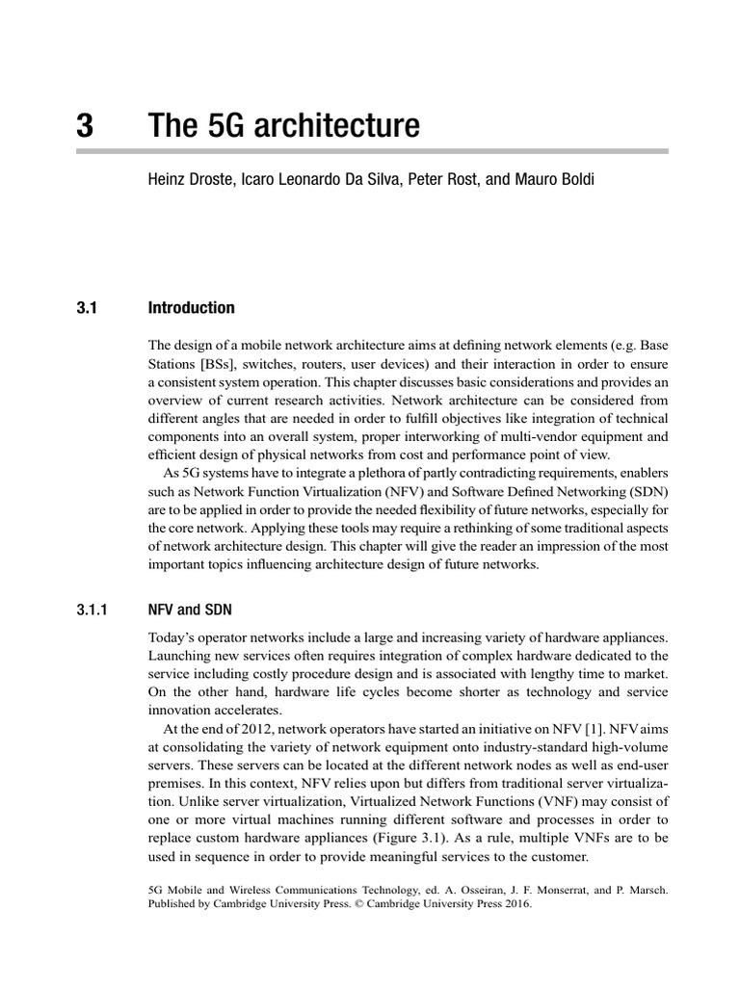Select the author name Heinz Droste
click(187, 180)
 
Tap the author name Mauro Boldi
click(552, 180)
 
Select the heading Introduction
click(191, 308)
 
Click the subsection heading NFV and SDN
click(190, 610)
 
